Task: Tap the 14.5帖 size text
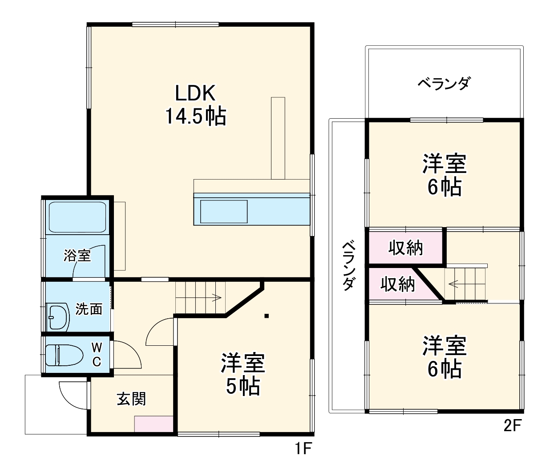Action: coord(195,116)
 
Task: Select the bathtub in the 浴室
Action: coord(77,217)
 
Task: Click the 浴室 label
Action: coord(77,256)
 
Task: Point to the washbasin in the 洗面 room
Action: coord(58,316)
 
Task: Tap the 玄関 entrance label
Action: coord(131,399)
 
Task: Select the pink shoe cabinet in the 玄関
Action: coord(154,424)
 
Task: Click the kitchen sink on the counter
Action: coord(223,212)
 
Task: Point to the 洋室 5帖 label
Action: coord(243,375)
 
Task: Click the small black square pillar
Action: coord(266,316)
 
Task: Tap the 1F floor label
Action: coord(303,449)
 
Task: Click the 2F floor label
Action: coord(512,426)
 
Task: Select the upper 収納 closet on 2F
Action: coord(405,248)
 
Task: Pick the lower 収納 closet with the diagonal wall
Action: coord(397,284)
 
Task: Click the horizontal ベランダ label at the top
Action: coord(444,83)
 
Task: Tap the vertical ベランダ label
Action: coord(349,265)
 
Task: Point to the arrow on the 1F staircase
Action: coord(217,297)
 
